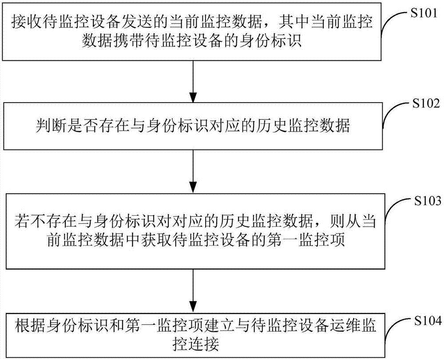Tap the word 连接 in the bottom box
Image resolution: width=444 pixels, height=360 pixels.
(x=203, y=343)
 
